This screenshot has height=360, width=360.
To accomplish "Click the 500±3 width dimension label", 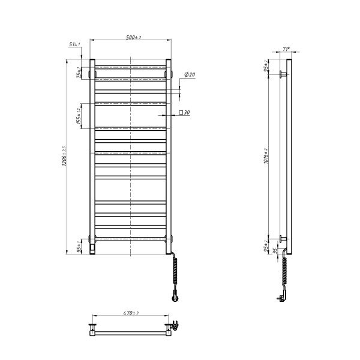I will pos(133,38).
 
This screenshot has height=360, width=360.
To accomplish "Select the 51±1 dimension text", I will pos(74,44).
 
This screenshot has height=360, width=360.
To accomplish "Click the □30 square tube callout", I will pos(184,112).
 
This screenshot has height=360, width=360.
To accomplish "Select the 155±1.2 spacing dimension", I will pos(79,116).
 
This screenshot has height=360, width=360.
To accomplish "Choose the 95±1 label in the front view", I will pos(79,246).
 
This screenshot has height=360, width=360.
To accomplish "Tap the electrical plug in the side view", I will pos(280,296).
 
